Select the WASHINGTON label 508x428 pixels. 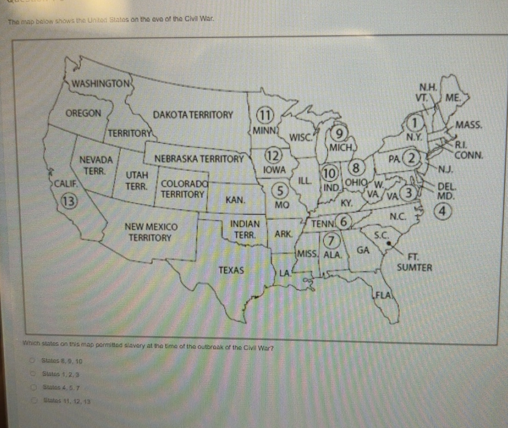click(x=100, y=85)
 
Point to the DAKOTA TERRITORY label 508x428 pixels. click(x=193, y=115)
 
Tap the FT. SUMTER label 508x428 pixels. click(x=414, y=262)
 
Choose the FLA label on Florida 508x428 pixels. click(x=384, y=294)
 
